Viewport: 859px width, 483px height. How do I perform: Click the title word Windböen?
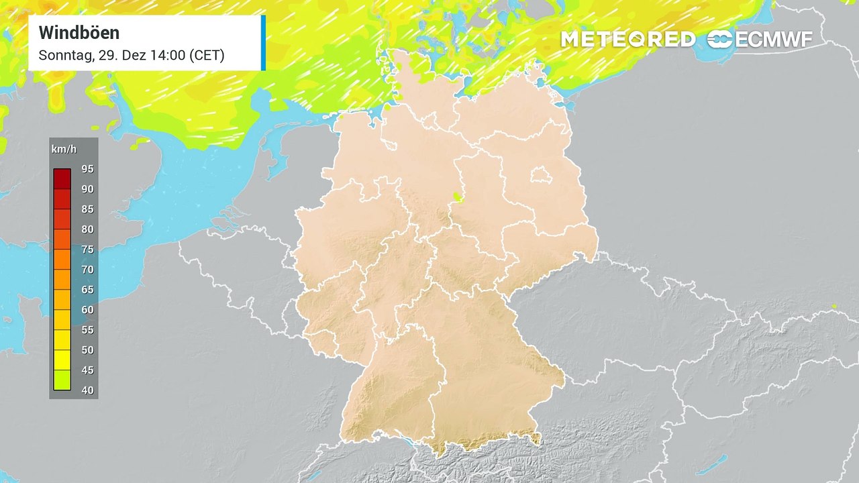click(x=79, y=32)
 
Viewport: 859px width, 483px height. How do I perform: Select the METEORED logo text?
click(x=627, y=40)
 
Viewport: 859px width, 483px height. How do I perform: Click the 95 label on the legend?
click(x=87, y=168)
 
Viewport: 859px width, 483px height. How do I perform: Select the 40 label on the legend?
click(x=87, y=390)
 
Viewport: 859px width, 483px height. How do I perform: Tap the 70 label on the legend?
click(x=87, y=269)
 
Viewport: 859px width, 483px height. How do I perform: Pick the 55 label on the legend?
click(x=87, y=329)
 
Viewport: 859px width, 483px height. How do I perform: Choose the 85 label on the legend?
click(x=87, y=209)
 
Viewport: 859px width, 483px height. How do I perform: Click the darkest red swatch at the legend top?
click(x=62, y=178)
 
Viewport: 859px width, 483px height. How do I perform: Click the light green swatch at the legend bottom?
click(x=62, y=380)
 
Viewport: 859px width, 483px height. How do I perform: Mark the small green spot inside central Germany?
click(x=458, y=197)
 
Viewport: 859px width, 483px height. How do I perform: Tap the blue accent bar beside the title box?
click(x=263, y=43)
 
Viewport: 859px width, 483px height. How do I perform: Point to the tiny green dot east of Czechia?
click(x=834, y=307)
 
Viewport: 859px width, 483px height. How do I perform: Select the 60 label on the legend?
click(x=87, y=309)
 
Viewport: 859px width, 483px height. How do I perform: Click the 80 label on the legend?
click(x=87, y=229)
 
